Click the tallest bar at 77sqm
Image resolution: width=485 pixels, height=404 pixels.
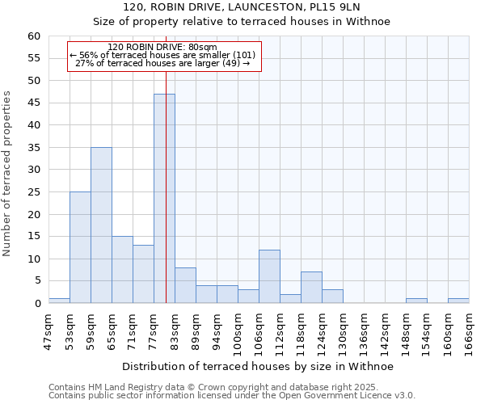point(164,199)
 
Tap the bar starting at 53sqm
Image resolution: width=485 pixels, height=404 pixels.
point(80,247)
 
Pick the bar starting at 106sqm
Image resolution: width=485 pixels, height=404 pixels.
point(269,277)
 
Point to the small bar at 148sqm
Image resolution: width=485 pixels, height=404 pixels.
point(416,301)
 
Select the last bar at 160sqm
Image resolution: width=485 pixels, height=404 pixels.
point(458,301)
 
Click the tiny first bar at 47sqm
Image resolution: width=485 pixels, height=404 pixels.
point(59,301)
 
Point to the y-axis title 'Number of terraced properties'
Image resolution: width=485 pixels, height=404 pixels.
point(7,174)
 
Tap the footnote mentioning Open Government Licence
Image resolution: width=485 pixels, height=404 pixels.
point(232,396)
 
